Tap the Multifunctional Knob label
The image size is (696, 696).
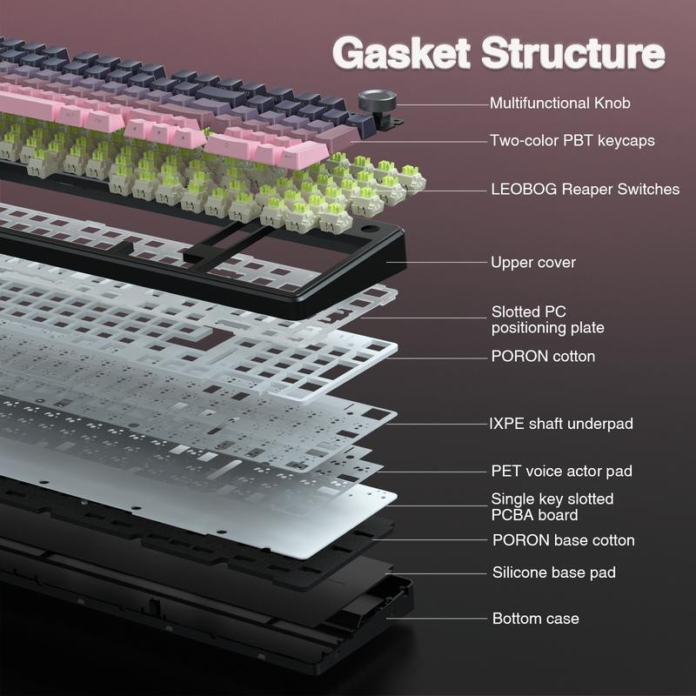(559, 103)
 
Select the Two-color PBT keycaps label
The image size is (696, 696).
(572, 140)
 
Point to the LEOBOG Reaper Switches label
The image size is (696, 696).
(585, 189)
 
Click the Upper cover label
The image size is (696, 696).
(532, 262)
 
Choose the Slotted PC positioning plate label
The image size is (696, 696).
(547, 319)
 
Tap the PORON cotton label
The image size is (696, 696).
(543, 356)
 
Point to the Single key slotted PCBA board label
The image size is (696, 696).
(552, 506)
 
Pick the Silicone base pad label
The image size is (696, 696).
(553, 572)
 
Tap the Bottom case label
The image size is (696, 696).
(535, 619)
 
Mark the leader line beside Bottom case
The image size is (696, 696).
(443, 619)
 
